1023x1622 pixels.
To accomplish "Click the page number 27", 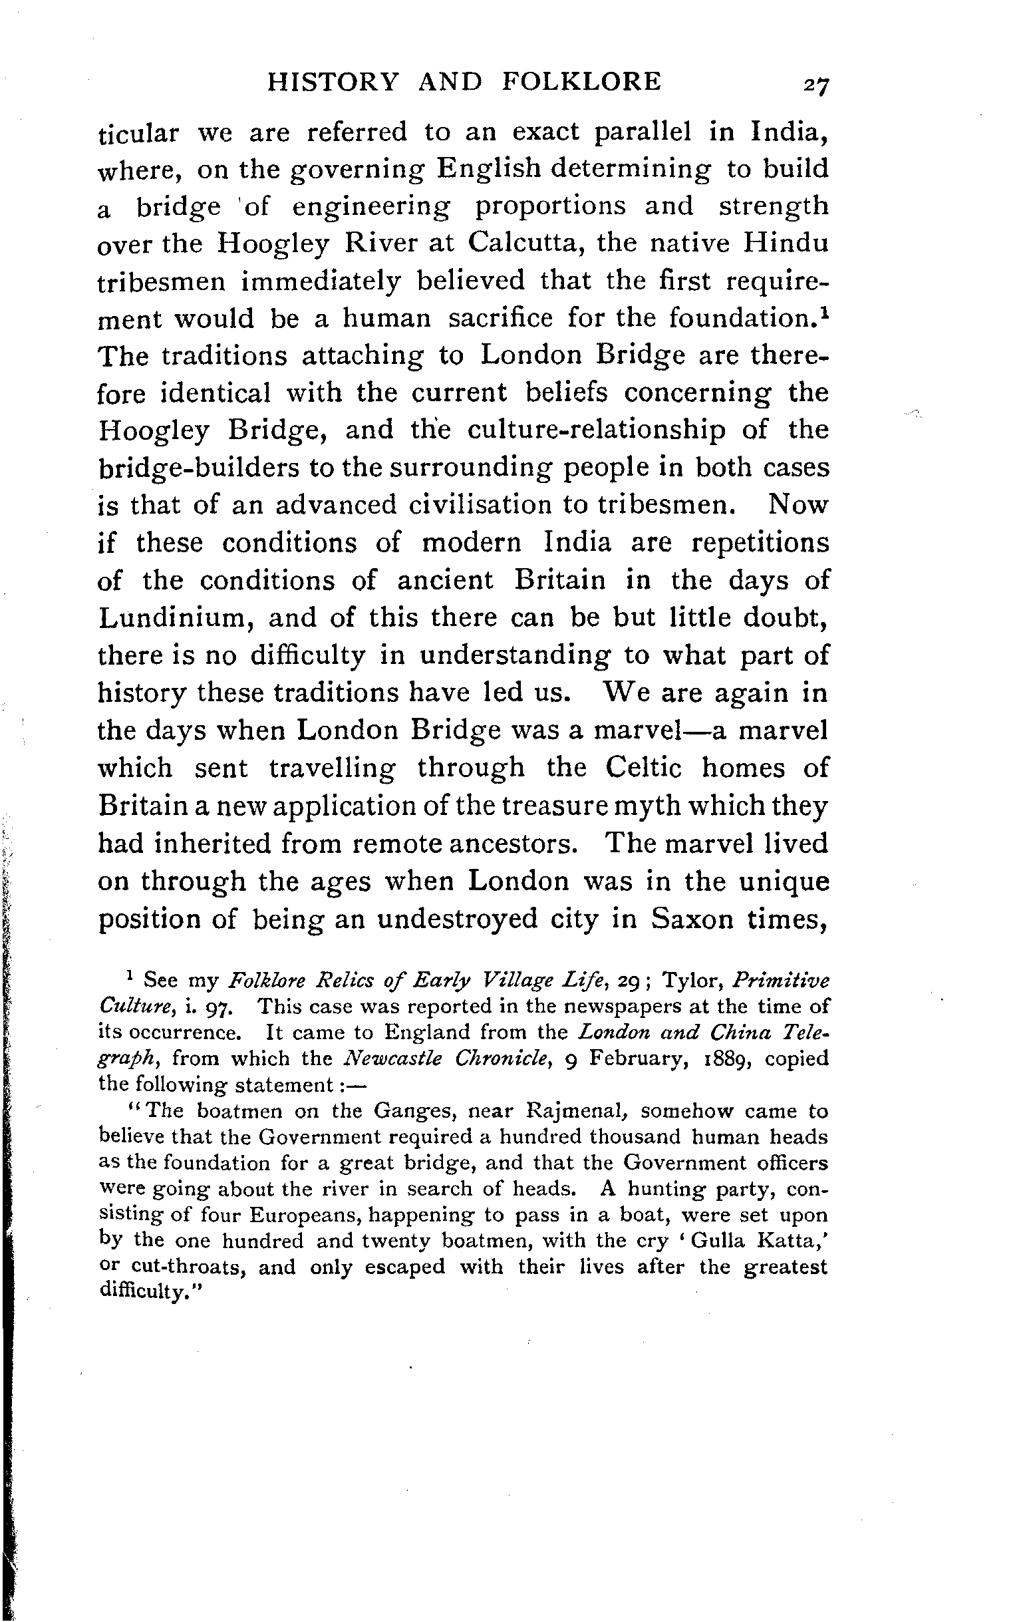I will point(813,85).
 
